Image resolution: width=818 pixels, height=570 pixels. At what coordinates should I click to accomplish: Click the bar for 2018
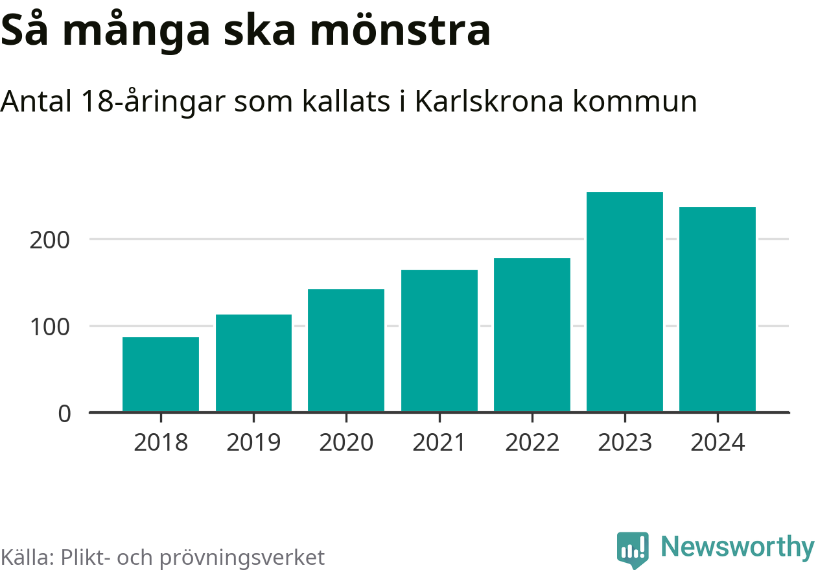click(x=160, y=374)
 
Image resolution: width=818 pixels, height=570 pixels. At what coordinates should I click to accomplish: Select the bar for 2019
click(x=253, y=363)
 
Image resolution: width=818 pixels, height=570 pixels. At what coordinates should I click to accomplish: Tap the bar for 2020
click(x=346, y=350)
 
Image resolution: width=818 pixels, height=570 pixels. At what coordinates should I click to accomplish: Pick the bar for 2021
click(x=439, y=340)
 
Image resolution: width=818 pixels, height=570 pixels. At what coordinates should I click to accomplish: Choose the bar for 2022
click(x=532, y=335)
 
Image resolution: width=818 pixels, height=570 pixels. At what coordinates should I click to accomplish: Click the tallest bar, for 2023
click(x=625, y=302)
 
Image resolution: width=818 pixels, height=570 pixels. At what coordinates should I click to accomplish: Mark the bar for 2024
click(x=718, y=309)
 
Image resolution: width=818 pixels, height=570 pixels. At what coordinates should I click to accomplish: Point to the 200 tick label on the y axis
click(x=49, y=240)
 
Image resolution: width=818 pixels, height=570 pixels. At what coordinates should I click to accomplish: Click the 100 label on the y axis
click(x=49, y=326)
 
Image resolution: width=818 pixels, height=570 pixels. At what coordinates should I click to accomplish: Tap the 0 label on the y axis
click(x=64, y=413)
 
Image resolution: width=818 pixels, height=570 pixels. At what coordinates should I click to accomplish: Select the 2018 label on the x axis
click(x=161, y=443)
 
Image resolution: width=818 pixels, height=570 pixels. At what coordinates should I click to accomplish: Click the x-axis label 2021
click(x=439, y=443)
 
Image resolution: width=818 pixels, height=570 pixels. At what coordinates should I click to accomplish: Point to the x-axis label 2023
click(x=625, y=443)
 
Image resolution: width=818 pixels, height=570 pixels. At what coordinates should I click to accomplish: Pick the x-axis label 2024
click(x=718, y=443)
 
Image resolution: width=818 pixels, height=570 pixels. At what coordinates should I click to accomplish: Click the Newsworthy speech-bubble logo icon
click(x=632, y=550)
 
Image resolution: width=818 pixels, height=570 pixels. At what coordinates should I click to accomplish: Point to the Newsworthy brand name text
click(x=738, y=547)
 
